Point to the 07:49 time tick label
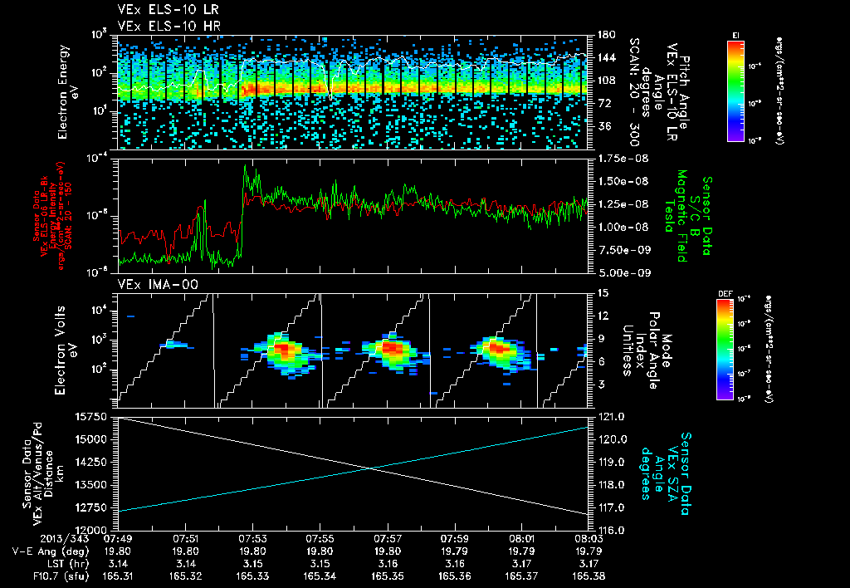point(119,538)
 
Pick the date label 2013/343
point(33,538)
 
